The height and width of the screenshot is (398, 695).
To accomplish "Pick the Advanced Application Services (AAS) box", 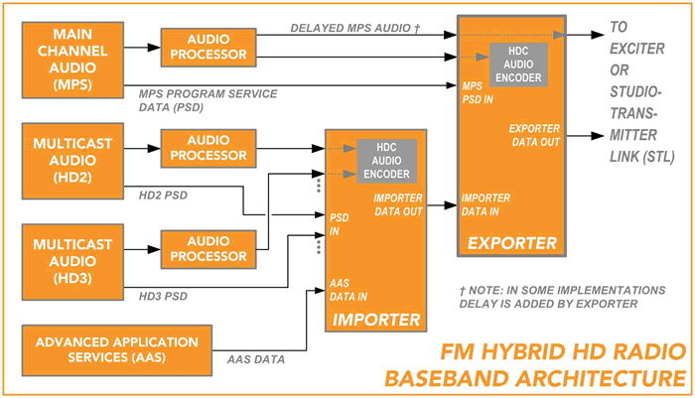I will tap(115, 348).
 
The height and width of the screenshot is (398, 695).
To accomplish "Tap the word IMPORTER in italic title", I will tap(378, 320).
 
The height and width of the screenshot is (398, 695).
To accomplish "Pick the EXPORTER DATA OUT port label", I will tap(535, 135).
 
